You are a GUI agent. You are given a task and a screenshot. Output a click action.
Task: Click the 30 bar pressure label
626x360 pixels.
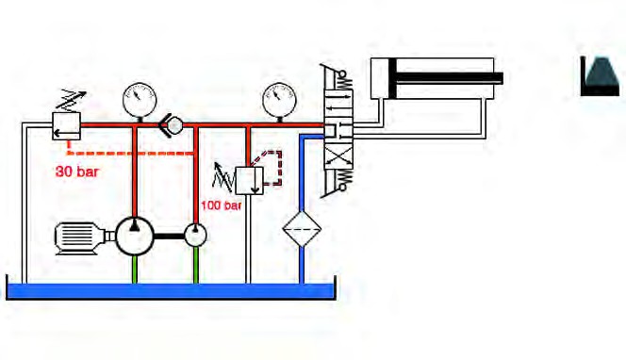click(77, 172)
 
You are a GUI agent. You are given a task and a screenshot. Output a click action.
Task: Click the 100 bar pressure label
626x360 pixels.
click(221, 205)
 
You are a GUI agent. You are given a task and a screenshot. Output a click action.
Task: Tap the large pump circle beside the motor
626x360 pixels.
click(135, 237)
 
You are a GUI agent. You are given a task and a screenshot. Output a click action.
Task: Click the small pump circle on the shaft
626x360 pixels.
click(195, 235)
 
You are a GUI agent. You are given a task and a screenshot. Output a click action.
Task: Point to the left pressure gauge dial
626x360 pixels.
click(140, 100)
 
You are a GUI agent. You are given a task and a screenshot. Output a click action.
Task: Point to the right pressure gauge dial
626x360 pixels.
click(279, 100)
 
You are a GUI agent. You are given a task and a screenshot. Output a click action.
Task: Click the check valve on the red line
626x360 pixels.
click(172, 125)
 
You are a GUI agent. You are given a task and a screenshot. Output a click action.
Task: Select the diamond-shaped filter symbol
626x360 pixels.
click(302, 229)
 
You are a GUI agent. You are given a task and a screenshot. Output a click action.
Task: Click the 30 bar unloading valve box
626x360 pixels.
click(66, 126)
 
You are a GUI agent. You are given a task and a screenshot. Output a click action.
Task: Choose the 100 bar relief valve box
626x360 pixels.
click(250, 181)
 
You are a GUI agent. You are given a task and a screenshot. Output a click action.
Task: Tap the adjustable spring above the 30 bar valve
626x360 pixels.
click(71, 102)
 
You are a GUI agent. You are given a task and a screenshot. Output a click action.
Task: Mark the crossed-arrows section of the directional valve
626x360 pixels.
click(338, 156)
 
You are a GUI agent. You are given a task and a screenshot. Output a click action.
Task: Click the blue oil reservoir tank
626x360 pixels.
click(171, 291)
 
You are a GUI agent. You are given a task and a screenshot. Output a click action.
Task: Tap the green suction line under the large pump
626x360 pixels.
click(135, 270)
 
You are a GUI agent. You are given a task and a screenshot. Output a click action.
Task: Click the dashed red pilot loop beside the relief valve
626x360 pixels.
click(272, 168)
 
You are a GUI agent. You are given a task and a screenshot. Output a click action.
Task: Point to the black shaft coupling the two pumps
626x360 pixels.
click(170, 237)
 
